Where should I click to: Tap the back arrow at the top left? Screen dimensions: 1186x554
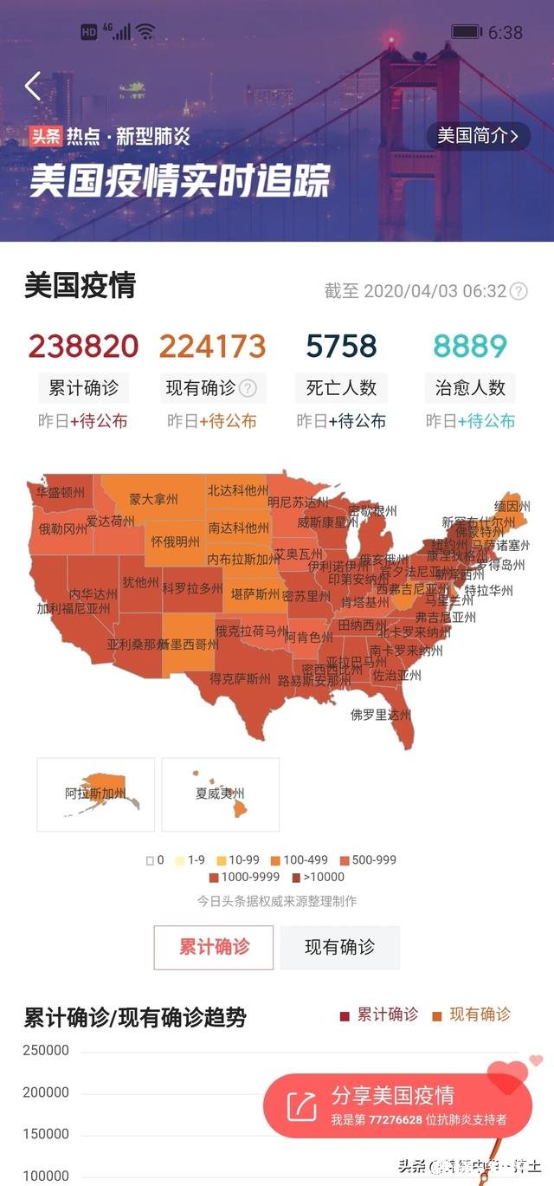33,87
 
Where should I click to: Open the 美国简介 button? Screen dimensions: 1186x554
478,136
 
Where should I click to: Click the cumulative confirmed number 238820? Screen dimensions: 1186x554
83,346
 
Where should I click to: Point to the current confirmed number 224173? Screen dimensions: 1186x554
212,346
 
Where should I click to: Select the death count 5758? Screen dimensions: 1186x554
341,346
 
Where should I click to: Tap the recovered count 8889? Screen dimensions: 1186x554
470,346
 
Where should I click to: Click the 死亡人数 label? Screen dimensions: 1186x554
341,388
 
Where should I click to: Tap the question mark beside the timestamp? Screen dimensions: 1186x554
519,291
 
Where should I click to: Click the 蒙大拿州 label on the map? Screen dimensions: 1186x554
153,500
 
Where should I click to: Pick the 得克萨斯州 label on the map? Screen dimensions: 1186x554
240,678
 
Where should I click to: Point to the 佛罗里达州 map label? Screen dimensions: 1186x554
380,715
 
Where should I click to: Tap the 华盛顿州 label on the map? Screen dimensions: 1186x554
61,492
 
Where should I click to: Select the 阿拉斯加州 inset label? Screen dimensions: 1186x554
95,793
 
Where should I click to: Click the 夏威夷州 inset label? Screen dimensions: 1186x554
220,793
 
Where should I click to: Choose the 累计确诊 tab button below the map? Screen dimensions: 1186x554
214,947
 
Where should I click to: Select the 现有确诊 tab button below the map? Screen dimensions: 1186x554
339,947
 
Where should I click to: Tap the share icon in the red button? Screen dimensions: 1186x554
302,1105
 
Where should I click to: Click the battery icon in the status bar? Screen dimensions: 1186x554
467,32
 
